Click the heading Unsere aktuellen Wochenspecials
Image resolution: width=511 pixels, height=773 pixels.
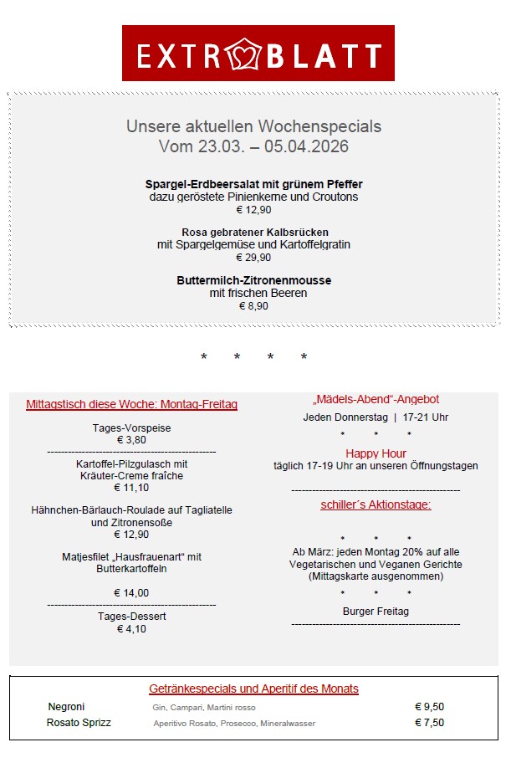[253, 127]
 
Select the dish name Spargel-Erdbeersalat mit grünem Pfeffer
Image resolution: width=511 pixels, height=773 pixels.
[253, 184]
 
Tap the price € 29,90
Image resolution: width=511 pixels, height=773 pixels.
[253, 258]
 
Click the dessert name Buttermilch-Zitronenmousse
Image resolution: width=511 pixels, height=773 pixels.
[253, 280]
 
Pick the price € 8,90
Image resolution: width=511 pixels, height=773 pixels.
[253, 306]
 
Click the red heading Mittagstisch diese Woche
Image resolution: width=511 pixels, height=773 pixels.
[131, 405]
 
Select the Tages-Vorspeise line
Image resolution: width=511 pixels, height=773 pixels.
[131, 428]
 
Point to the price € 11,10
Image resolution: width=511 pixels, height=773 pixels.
[131, 488]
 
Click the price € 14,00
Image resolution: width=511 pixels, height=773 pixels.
[131, 593]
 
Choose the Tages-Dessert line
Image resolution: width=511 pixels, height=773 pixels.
[131, 617]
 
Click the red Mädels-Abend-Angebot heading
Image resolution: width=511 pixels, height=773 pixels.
[376, 400]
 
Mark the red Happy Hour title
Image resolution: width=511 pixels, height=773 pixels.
[376, 453]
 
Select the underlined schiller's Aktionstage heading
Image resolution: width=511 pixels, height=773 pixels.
[376, 505]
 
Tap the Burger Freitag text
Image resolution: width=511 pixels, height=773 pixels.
[376, 612]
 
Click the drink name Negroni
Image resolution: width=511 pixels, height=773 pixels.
[66, 707]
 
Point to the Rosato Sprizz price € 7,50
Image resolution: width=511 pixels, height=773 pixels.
[429, 723]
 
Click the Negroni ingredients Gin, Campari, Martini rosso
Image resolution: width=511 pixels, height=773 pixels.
[204, 708]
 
